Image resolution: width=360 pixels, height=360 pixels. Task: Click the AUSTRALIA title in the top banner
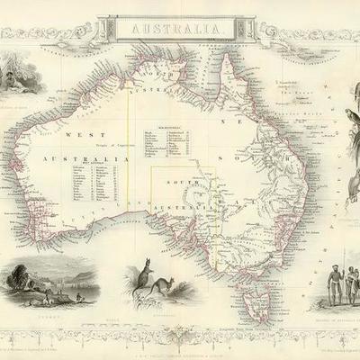tap(180, 30)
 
